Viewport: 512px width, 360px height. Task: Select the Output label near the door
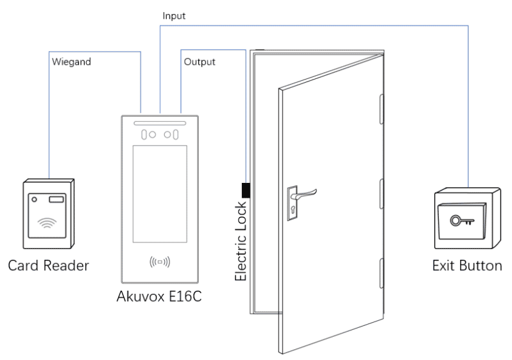[x=199, y=62]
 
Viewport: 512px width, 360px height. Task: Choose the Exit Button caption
[x=466, y=265]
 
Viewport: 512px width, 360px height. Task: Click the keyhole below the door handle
[x=293, y=207]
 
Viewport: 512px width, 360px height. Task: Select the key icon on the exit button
[x=460, y=221]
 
